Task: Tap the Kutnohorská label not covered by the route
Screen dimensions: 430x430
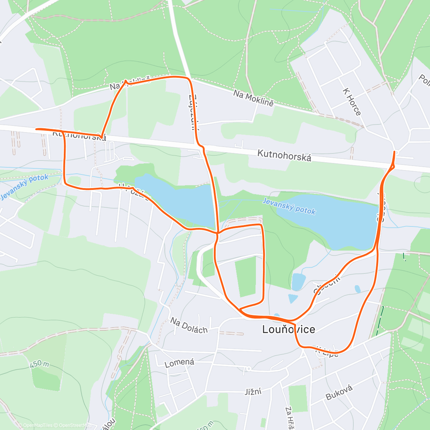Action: point(284,156)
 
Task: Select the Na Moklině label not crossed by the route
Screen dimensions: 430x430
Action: point(253,98)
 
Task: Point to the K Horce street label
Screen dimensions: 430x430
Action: point(352,102)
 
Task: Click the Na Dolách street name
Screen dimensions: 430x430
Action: point(189,325)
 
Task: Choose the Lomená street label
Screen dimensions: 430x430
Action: point(180,363)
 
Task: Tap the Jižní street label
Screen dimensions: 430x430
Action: point(253,391)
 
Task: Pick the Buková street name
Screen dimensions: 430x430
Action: point(339,392)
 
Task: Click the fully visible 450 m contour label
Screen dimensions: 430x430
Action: point(39,364)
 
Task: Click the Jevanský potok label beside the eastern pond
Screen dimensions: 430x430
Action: point(289,206)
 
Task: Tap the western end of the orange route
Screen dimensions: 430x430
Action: point(36,129)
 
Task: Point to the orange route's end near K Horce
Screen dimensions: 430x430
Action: point(395,152)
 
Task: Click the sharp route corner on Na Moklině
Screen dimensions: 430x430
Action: point(125,81)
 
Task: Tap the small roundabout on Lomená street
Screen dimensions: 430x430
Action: point(248,368)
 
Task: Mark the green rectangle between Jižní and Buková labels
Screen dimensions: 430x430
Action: point(298,398)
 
